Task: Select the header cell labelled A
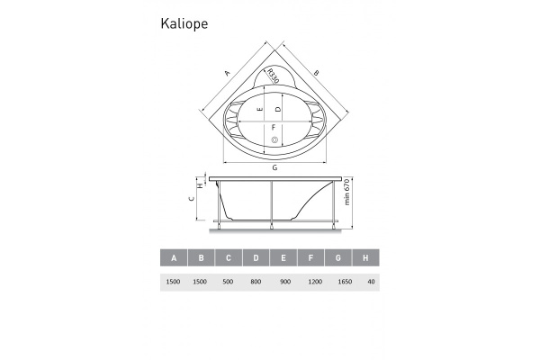point(174,258)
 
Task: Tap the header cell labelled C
point(229,258)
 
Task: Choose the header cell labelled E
point(283,258)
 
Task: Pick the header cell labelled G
point(338,258)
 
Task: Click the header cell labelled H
point(365,258)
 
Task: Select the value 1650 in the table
point(338,282)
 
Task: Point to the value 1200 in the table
point(311,282)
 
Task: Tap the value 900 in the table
point(283,282)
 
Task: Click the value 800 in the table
point(256,282)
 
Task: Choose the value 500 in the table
point(229,282)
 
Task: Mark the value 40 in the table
point(366,282)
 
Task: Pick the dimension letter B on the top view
point(317,74)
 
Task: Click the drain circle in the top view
point(274,139)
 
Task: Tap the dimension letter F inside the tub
point(274,127)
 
